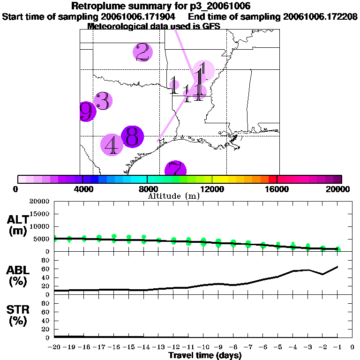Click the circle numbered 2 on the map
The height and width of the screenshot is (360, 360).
click(x=142, y=52)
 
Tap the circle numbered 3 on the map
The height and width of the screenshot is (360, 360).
click(x=103, y=101)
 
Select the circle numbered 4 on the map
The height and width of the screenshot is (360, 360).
click(x=112, y=145)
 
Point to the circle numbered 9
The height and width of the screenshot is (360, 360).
click(x=87, y=112)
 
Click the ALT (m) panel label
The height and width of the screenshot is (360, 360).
click(x=19, y=225)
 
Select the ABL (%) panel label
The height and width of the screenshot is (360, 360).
click(x=19, y=276)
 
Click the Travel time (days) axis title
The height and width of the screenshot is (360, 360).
click(x=205, y=356)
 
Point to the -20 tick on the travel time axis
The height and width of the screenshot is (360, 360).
click(x=54, y=347)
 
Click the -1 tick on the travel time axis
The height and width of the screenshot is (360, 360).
click(x=337, y=347)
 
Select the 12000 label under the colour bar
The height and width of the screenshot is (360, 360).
click(x=212, y=189)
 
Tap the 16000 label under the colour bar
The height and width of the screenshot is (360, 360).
click(x=277, y=189)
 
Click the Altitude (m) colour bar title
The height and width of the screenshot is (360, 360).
click(x=173, y=196)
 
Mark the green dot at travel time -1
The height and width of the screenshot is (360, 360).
click(x=337, y=249)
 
